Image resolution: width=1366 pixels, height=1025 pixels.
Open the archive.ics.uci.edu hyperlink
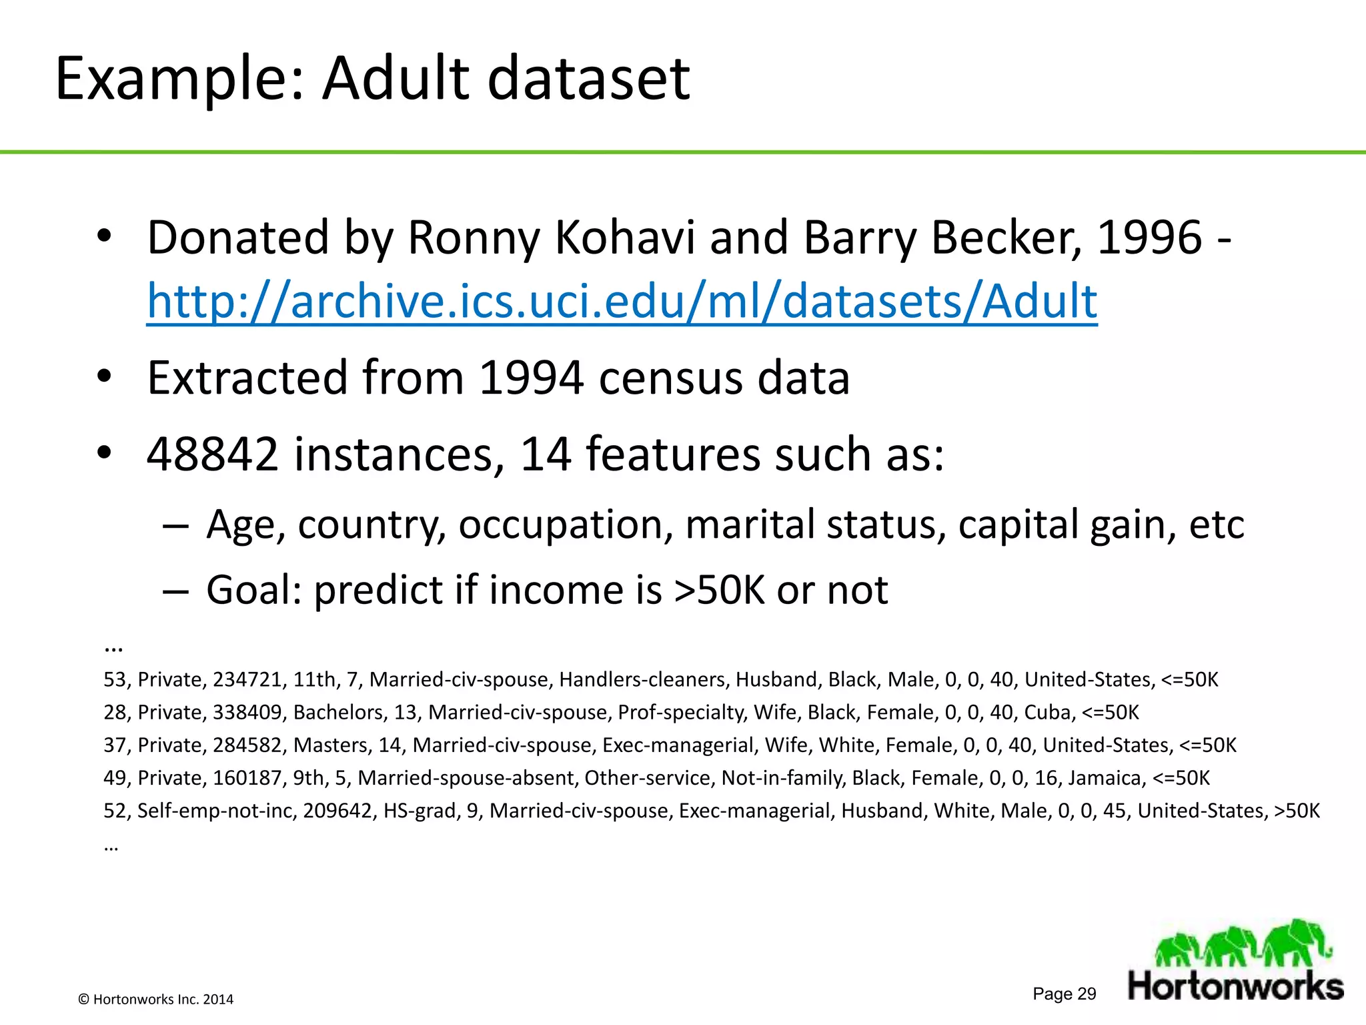(622, 301)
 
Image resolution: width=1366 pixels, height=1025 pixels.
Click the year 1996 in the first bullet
(1149, 238)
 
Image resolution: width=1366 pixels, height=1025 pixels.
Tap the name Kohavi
(625, 238)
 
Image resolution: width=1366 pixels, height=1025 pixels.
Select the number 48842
(212, 454)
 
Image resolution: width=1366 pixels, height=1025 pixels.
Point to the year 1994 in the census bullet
(532, 378)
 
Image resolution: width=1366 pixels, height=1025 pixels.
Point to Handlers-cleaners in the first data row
(643, 679)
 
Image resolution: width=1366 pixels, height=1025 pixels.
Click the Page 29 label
(1064, 994)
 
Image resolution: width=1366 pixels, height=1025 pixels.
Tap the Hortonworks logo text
(1235, 986)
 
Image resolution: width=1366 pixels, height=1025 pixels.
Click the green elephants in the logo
(1241, 943)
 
